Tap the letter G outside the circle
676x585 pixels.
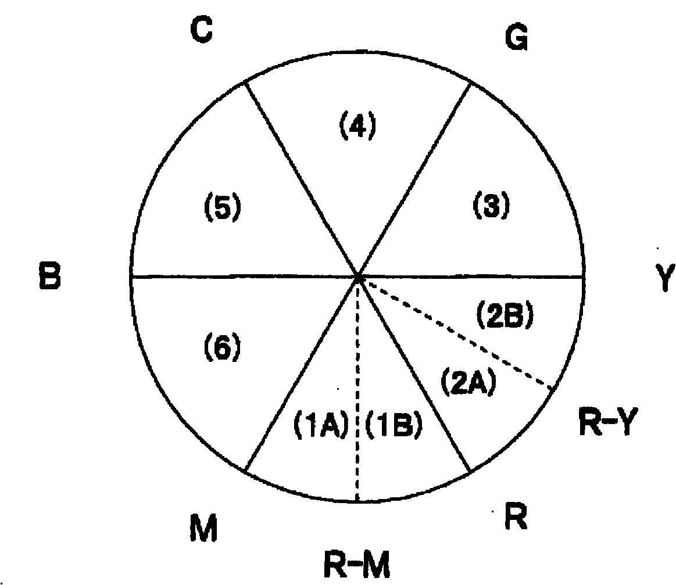pos(516,39)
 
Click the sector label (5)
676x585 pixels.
pos(221,209)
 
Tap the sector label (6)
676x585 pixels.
pos(221,348)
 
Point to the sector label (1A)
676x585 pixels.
pos(318,427)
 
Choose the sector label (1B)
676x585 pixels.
pos(394,427)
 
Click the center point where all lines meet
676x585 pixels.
pos(357,278)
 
